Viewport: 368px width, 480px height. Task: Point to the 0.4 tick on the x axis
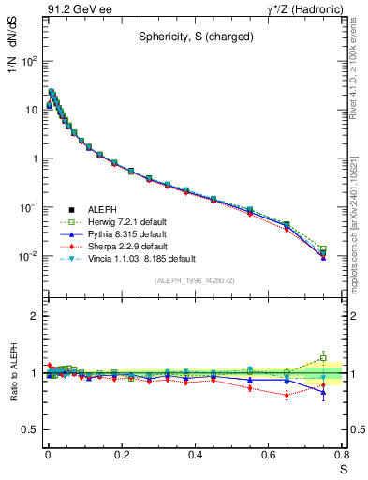click(x=195, y=455)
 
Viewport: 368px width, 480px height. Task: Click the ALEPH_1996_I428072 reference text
click(x=194, y=281)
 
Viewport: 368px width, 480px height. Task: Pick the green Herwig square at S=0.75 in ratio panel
click(x=323, y=358)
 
